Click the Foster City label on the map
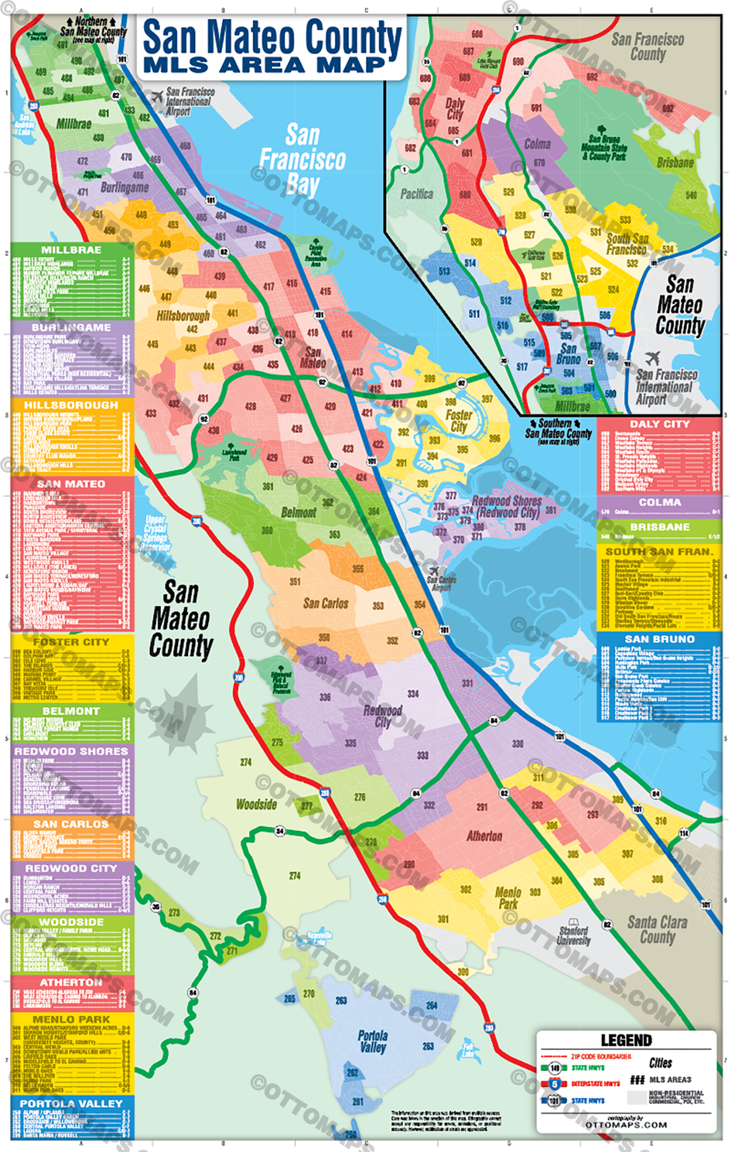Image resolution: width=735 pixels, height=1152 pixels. pyautogui.click(x=459, y=421)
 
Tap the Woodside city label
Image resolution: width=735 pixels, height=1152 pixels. pyautogui.click(x=256, y=804)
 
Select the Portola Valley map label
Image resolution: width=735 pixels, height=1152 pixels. pyautogui.click(x=372, y=1041)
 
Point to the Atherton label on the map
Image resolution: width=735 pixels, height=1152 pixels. pyautogui.click(x=484, y=836)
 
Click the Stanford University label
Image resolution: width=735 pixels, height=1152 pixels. pyautogui.click(x=573, y=935)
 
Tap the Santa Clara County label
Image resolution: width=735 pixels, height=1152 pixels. pyautogui.click(x=657, y=929)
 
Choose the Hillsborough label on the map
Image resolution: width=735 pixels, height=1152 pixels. pyautogui.click(x=183, y=316)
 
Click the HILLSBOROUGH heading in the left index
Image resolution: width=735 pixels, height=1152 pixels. pyautogui.click(x=71, y=405)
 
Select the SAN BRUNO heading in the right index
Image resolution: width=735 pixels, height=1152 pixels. pyautogui.click(x=659, y=639)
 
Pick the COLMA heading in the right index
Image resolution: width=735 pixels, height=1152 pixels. pyautogui.click(x=659, y=502)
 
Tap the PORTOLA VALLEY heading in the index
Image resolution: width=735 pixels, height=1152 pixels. pyautogui.click(x=71, y=1103)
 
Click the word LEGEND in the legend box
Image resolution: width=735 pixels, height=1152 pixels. pyautogui.click(x=626, y=1040)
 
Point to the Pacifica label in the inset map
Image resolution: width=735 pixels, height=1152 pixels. pyautogui.click(x=416, y=193)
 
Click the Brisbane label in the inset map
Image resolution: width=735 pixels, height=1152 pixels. pyautogui.click(x=675, y=162)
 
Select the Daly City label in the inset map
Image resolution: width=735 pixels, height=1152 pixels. pyautogui.click(x=455, y=108)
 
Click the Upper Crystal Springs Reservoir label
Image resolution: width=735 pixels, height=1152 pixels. pyautogui.click(x=155, y=533)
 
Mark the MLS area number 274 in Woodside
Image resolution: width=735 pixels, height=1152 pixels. pyautogui.click(x=246, y=762)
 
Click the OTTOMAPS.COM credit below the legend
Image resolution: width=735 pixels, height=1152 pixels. pyautogui.click(x=626, y=1125)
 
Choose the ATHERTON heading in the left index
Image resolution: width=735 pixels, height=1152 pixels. pyautogui.click(x=71, y=982)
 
